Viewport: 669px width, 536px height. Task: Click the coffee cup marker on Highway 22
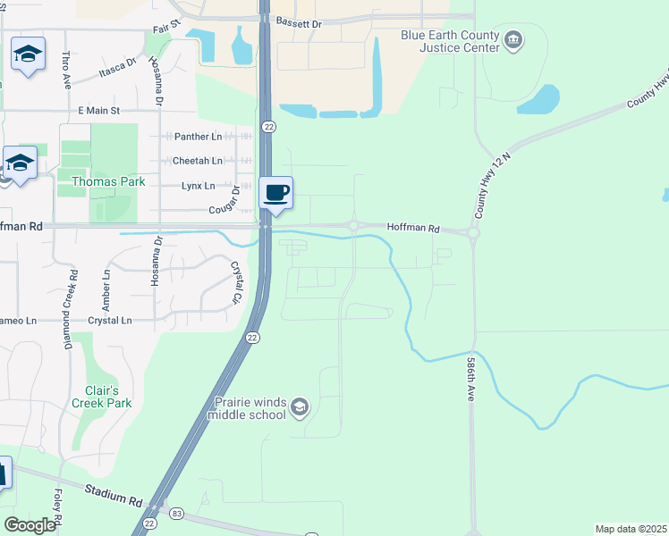(x=276, y=192)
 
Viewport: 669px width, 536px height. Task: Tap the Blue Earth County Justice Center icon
(x=513, y=39)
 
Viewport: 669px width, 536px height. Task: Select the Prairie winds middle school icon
(x=299, y=408)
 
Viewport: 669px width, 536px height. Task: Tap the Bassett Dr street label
(x=298, y=22)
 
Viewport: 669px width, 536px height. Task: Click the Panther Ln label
(x=196, y=137)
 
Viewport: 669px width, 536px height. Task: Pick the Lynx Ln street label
(x=198, y=186)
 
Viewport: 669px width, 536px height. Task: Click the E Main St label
(x=111, y=110)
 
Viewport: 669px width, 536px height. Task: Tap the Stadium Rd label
(x=114, y=490)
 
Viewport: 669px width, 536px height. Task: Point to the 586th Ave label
(x=470, y=379)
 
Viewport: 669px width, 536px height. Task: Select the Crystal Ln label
(x=109, y=320)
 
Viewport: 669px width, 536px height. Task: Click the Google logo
(x=30, y=525)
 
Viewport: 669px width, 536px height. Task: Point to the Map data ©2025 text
(x=631, y=529)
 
